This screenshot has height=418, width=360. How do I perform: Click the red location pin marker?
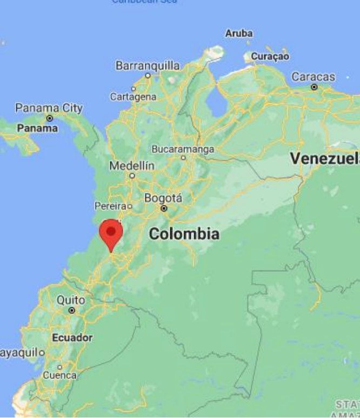click(111, 233)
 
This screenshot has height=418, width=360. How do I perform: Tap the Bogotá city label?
click(163, 198)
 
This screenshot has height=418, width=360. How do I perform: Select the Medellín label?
click(132, 166)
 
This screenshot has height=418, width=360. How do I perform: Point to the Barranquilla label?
click(148, 66)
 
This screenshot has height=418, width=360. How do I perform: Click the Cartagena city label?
click(133, 97)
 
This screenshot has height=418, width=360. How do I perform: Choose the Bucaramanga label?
click(183, 149)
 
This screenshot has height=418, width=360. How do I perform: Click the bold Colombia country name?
click(184, 234)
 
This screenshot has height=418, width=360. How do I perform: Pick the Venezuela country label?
click(324, 158)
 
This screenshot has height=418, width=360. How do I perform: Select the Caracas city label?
click(314, 77)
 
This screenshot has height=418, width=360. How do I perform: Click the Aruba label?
click(238, 33)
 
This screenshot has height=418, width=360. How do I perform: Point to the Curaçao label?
click(270, 56)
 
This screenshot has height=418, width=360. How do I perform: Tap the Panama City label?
click(49, 108)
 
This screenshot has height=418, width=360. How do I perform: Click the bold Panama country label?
click(37, 129)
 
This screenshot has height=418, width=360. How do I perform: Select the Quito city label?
click(71, 300)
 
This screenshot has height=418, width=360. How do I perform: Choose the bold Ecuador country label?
click(72, 338)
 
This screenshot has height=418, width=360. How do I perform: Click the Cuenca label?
click(60, 375)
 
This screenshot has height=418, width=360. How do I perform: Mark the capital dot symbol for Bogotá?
click(164, 208)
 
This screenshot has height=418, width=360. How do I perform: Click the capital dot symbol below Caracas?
click(314, 86)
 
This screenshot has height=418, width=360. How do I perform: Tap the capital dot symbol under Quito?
click(71, 311)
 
